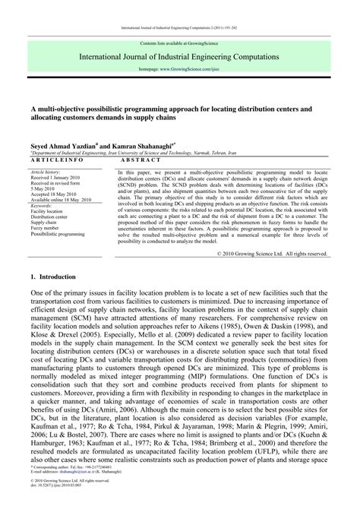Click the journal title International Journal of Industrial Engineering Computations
(x=180, y=57)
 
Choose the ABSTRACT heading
(x=141, y=160)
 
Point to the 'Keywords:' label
(x=42, y=206)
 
